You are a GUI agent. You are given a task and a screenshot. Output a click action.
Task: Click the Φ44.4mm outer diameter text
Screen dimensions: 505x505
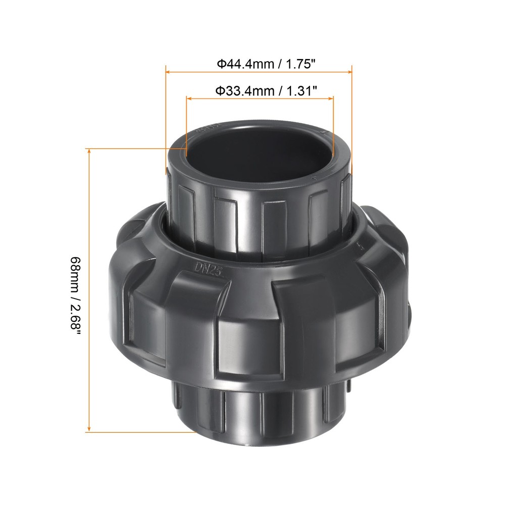tap(245, 64)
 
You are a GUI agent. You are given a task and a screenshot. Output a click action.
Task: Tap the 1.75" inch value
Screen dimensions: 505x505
tap(301, 64)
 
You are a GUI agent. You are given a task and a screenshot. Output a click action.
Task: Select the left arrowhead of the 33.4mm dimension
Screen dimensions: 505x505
tap(189, 99)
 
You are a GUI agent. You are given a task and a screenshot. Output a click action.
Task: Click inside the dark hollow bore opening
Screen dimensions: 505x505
tap(258, 151)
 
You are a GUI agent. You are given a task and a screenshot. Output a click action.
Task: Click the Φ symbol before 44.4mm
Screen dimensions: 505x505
tap(221, 64)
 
